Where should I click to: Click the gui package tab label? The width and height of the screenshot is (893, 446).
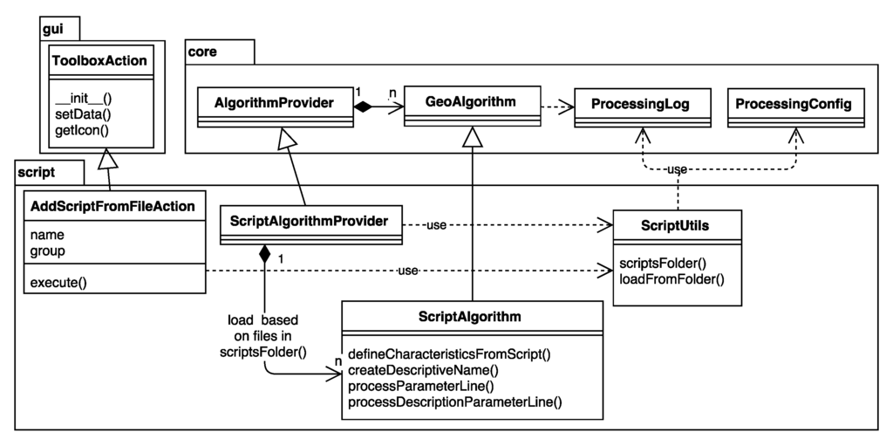54,30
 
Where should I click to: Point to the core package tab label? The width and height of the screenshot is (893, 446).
203,51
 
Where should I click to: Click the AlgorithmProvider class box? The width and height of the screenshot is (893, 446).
275,104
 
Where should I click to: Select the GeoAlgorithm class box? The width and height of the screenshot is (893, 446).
471,102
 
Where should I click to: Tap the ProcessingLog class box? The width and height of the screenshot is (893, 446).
640,104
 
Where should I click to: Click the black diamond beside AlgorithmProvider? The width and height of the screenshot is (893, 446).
363,107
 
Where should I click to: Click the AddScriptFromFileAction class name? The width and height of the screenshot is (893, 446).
112,207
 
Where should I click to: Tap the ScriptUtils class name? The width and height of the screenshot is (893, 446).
676,225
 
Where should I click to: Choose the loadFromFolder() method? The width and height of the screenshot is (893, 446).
671,279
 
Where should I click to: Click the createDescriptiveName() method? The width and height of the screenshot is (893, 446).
423,370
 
